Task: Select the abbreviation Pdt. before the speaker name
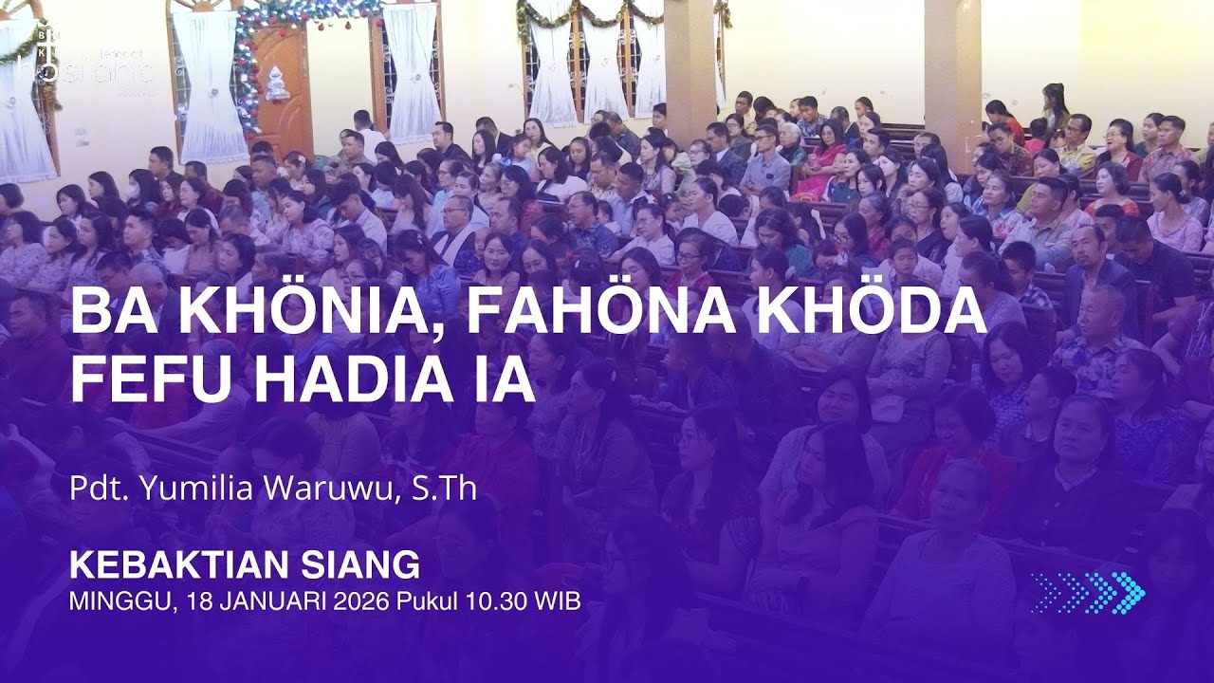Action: [x=100, y=489]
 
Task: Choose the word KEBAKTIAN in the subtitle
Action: [x=190, y=565]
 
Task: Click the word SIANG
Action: [x=367, y=565]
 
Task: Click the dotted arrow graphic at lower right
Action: [x=1088, y=592]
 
